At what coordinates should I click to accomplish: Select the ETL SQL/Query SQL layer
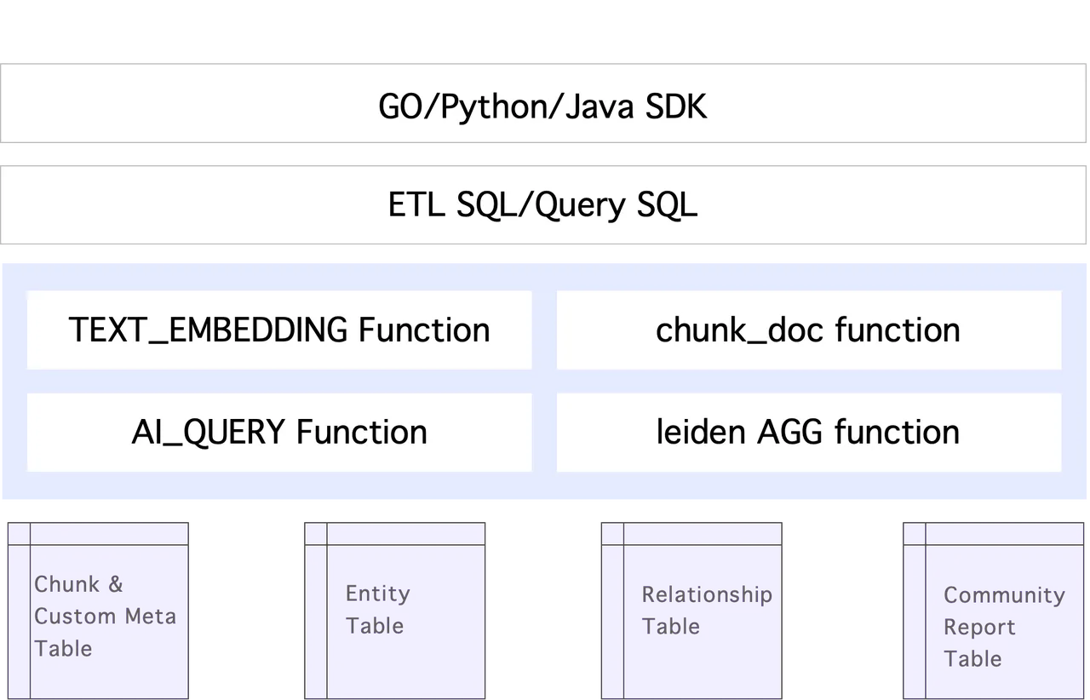pyautogui.click(x=543, y=205)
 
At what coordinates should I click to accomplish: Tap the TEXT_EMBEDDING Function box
pyautogui.click(x=279, y=330)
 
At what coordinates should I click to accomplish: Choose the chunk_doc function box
pyautogui.click(x=808, y=330)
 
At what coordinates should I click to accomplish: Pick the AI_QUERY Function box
pyautogui.click(x=279, y=433)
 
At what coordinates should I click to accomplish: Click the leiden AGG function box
pyautogui.click(x=808, y=433)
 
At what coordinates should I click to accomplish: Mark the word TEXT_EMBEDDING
pyautogui.click(x=209, y=330)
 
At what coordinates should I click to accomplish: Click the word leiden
pyautogui.click(x=702, y=433)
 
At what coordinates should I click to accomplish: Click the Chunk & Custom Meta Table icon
pyautogui.click(x=98, y=610)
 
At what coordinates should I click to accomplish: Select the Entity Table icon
pyautogui.click(x=395, y=610)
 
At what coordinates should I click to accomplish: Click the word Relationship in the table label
pyautogui.click(x=707, y=594)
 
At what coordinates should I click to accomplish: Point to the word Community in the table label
pyautogui.click(x=1004, y=595)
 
